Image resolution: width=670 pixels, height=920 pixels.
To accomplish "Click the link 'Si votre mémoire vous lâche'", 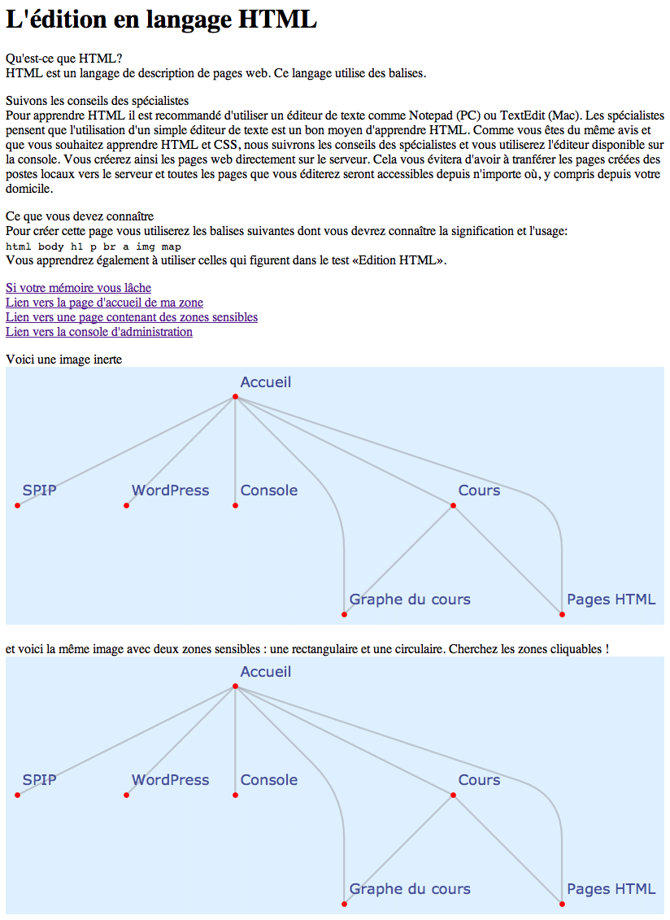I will coord(78,288).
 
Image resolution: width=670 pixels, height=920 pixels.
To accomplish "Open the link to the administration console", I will coord(98,332).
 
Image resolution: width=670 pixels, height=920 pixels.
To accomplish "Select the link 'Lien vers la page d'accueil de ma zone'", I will coord(104,303).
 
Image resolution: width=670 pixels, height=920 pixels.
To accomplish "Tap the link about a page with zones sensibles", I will coord(131,317).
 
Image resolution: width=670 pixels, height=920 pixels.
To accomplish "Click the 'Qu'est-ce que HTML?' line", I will coord(63,59).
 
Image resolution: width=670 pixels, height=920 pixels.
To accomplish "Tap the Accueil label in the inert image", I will coord(265,382).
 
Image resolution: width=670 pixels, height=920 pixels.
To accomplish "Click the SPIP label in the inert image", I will coord(39,491).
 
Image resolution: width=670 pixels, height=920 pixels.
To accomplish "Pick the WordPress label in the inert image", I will coord(170,491).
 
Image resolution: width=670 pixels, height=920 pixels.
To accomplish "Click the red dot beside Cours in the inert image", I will coord(453,506).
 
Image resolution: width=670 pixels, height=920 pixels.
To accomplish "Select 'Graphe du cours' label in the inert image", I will coord(409,600).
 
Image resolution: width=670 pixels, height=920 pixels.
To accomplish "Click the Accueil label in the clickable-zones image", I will coord(265,672).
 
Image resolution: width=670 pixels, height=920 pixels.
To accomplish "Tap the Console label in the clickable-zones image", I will coord(268,780).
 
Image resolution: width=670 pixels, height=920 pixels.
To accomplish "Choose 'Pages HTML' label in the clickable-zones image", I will coord(611,889).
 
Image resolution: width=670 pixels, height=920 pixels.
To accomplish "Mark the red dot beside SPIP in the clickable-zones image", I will coord(17,796).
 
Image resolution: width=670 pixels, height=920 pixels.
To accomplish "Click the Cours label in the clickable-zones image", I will coord(479,780).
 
